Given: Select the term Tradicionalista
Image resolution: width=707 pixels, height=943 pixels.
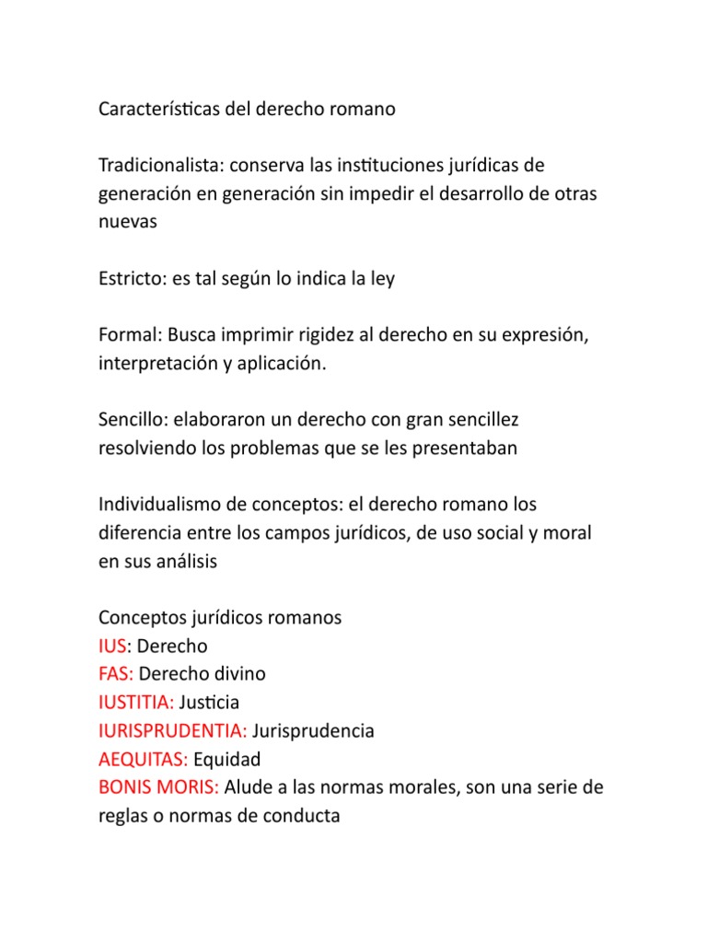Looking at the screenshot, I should tap(160, 166).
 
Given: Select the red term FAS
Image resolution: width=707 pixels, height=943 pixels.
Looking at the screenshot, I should tap(115, 674).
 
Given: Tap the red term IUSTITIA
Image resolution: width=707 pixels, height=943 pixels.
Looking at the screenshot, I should tap(134, 703).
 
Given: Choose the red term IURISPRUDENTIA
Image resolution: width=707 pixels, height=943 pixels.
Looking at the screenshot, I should tap(170, 731).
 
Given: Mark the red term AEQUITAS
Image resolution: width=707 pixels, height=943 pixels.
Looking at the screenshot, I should tap(142, 760).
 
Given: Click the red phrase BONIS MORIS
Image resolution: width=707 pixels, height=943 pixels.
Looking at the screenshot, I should tap(156, 788).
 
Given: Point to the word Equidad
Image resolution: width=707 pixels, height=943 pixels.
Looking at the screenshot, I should tap(227, 760).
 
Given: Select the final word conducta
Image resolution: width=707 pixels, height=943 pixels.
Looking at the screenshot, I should tap(300, 817).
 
